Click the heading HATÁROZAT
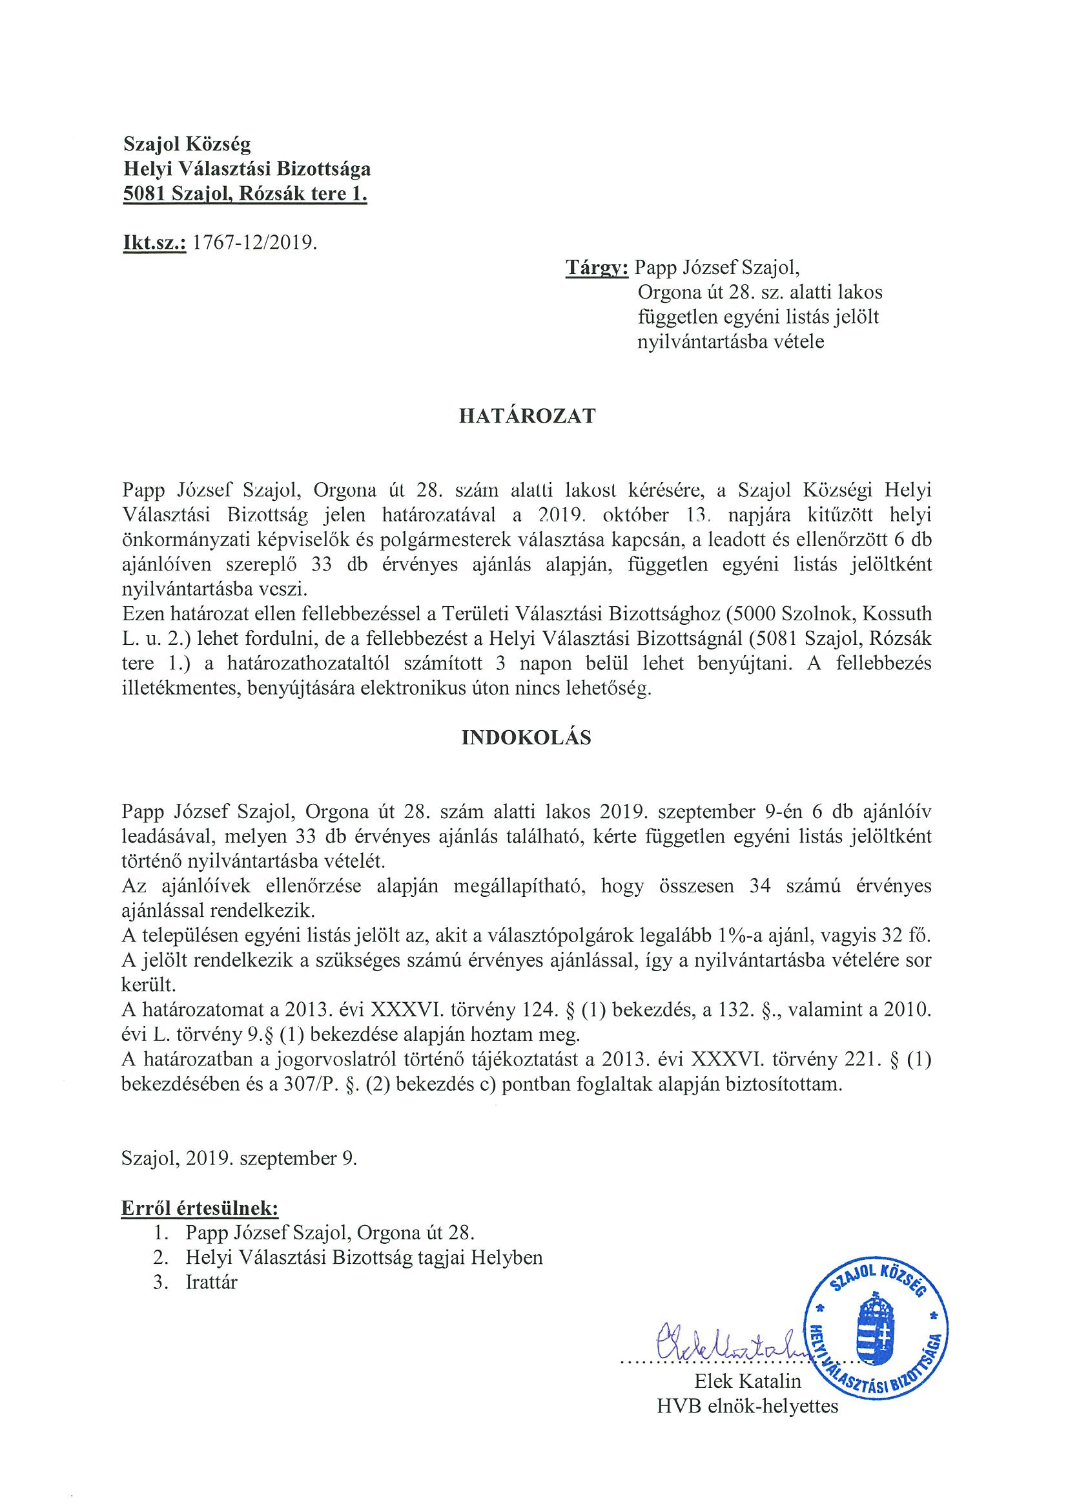click(527, 416)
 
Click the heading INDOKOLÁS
click(526, 738)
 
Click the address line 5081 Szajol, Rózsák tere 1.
click(245, 195)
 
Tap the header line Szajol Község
click(187, 143)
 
